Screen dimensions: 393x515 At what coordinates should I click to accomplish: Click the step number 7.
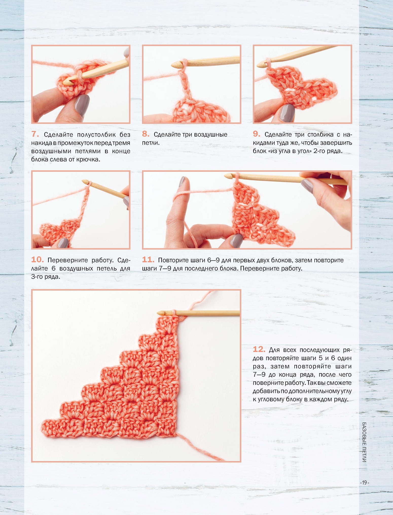coord(35,134)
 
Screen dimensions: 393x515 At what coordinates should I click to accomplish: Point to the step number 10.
coord(38,260)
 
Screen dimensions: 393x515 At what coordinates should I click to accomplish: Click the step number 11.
coord(148,260)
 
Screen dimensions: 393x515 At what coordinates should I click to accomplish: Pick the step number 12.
coord(259,350)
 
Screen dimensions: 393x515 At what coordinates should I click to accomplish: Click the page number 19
coord(365,483)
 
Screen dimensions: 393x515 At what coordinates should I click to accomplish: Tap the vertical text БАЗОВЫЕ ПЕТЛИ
coord(364,442)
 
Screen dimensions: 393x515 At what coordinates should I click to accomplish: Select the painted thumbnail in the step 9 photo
coord(287,113)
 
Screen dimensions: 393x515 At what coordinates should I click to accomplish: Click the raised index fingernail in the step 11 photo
coord(182,182)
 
